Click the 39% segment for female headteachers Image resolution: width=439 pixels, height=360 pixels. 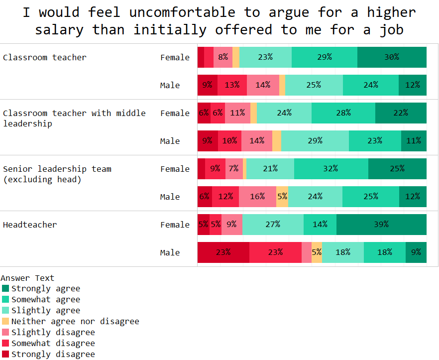(x=381, y=225)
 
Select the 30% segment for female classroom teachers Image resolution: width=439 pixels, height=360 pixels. (x=392, y=57)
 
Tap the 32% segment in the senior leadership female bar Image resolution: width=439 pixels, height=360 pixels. (x=331, y=169)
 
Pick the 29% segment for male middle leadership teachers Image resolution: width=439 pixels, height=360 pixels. (x=315, y=141)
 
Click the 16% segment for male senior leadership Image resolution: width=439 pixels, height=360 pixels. (x=257, y=197)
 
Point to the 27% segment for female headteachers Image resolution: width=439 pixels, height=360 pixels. (x=273, y=225)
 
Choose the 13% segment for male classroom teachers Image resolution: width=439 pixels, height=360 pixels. (x=232, y=85)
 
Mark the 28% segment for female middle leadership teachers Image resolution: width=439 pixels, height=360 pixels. (x=343, y=113)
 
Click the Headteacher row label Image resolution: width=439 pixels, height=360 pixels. (x=30, y=225)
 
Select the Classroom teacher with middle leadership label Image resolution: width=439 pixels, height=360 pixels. (x=74, y=118)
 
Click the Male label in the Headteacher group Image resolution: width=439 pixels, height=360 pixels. (x=170, y=252)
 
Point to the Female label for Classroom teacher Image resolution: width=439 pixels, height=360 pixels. (x=175, y=57)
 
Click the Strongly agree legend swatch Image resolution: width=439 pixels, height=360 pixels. (x=5, y=289)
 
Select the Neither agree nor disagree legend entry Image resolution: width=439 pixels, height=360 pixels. (x=75, y=322)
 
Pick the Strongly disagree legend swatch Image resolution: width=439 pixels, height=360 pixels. (x=5, y=355)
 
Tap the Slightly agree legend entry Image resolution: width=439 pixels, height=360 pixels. (x=46, y=311)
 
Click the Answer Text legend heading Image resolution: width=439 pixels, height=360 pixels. (x=27, y=278)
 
